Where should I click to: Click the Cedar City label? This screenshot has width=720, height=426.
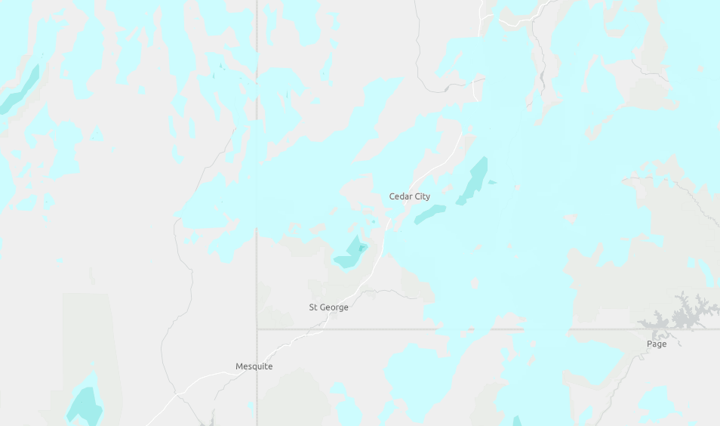pyautogui.click(x=409, y=196)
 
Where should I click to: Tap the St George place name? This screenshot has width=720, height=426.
pyautogui.click(x=328, y=307)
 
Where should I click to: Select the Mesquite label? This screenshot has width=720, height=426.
pyautogui.click(x=254, y=366)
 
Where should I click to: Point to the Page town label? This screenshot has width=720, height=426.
pyautogui.click(x=657, y=344)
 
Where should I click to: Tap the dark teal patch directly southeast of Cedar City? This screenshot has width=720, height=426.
pyautogui.click(x=429, y=215)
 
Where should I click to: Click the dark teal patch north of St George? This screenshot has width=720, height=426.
pyautogui.click(x=350, y=254)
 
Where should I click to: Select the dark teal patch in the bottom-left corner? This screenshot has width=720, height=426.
pyautogui.click(x=85, y=405)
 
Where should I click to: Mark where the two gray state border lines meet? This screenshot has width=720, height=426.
pyautogui.click(x=257, y=329)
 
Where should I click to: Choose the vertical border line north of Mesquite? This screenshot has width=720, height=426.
pyautogui.click(x=257, y=287)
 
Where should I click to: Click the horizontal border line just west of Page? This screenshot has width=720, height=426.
pyautogui.click(x=589, y=329)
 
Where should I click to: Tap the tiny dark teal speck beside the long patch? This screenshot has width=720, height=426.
pyautogui.click(x=491, y=182)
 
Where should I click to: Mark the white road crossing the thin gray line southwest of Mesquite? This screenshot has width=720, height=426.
pyautogui.click(x=176, y=394)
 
